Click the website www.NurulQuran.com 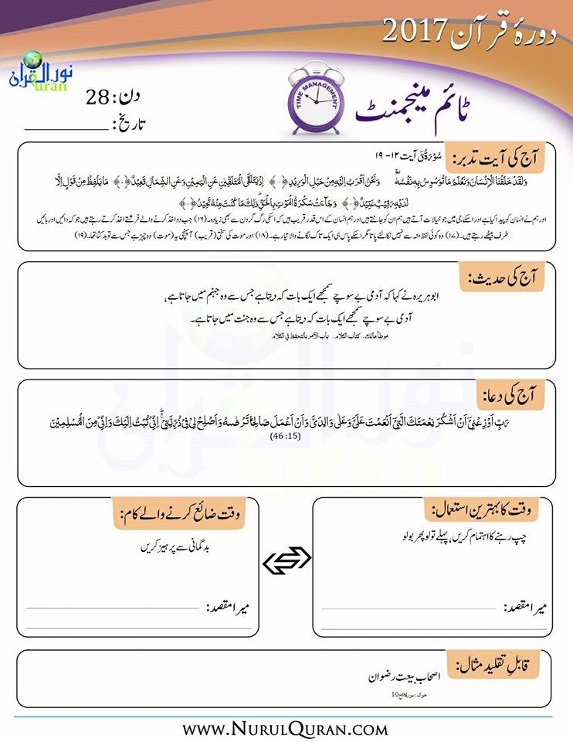pyautogui.click(x=286, y=728)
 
